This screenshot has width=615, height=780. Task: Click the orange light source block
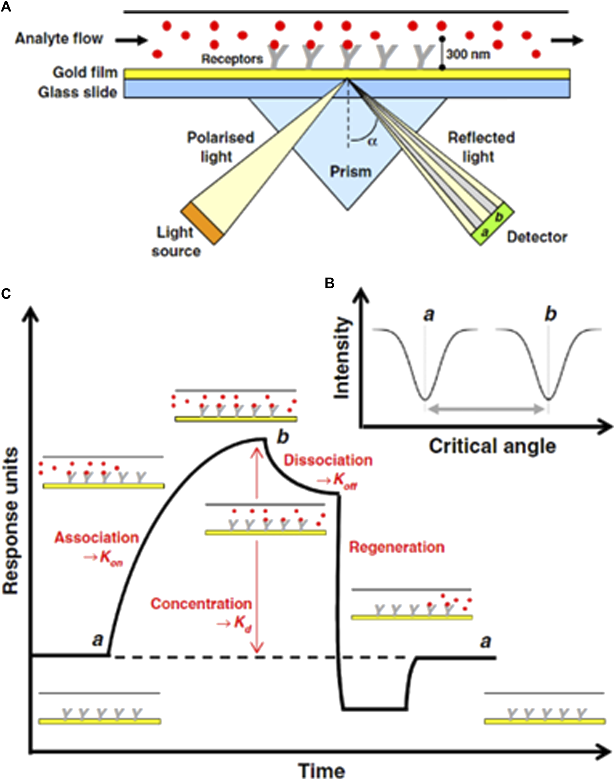coord(202,224)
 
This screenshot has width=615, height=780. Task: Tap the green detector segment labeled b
coord(499,217)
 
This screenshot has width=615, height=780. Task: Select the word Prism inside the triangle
coord(350,172)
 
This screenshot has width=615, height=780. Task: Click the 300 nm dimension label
coord(468,55)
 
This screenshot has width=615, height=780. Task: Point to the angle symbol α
coord(373,142)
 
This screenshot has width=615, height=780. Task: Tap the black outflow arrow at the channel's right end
coord(567,40)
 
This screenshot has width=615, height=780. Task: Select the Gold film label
coord(85,73)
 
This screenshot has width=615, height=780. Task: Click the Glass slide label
coord(78,92)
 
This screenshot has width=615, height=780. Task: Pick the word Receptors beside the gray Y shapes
coord(232,59)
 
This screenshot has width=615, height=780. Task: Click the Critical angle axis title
coord(492,446)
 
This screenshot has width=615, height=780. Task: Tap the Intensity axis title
coord(342,358)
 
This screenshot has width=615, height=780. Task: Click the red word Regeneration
coord(397,547)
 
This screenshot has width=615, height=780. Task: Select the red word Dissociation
coord(328,460)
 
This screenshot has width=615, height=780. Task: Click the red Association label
coord(96,538)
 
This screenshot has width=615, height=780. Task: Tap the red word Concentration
coord(201,604)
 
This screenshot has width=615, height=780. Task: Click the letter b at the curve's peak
coord(283,437)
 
